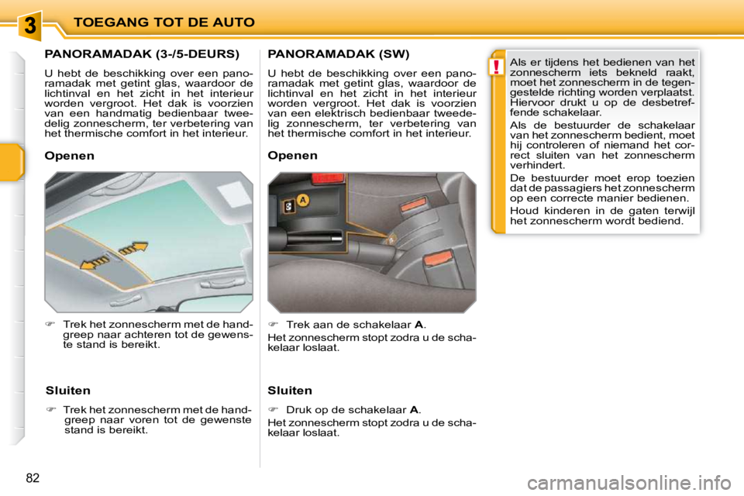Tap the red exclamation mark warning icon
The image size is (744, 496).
tap(497, 67)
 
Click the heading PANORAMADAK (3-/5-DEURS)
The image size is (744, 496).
tap(142, 54)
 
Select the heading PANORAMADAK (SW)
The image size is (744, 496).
tap(338, 54)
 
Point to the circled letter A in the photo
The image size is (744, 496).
tap(302, 200)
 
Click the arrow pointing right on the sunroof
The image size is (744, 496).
tap(133, 249)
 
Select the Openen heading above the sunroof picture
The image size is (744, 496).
tap(70, 156)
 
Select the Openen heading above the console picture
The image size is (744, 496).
tap(292, 156)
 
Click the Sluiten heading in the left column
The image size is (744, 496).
tap(68, 391)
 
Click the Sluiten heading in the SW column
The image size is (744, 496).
tap(290, 391)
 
